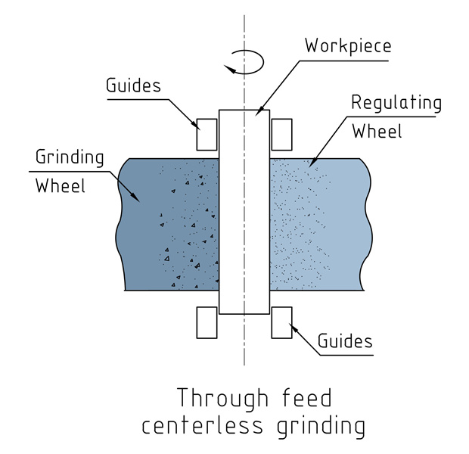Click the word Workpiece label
pos(348,45)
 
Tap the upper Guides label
pos(133,85)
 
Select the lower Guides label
pos(344,342)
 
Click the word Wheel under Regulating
pos(377,130)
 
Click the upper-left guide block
pos(208,135)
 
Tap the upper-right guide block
pos(281,135)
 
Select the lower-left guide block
pos(208,322)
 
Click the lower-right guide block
pos(281,322)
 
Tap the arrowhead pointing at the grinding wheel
pos(137,199)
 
